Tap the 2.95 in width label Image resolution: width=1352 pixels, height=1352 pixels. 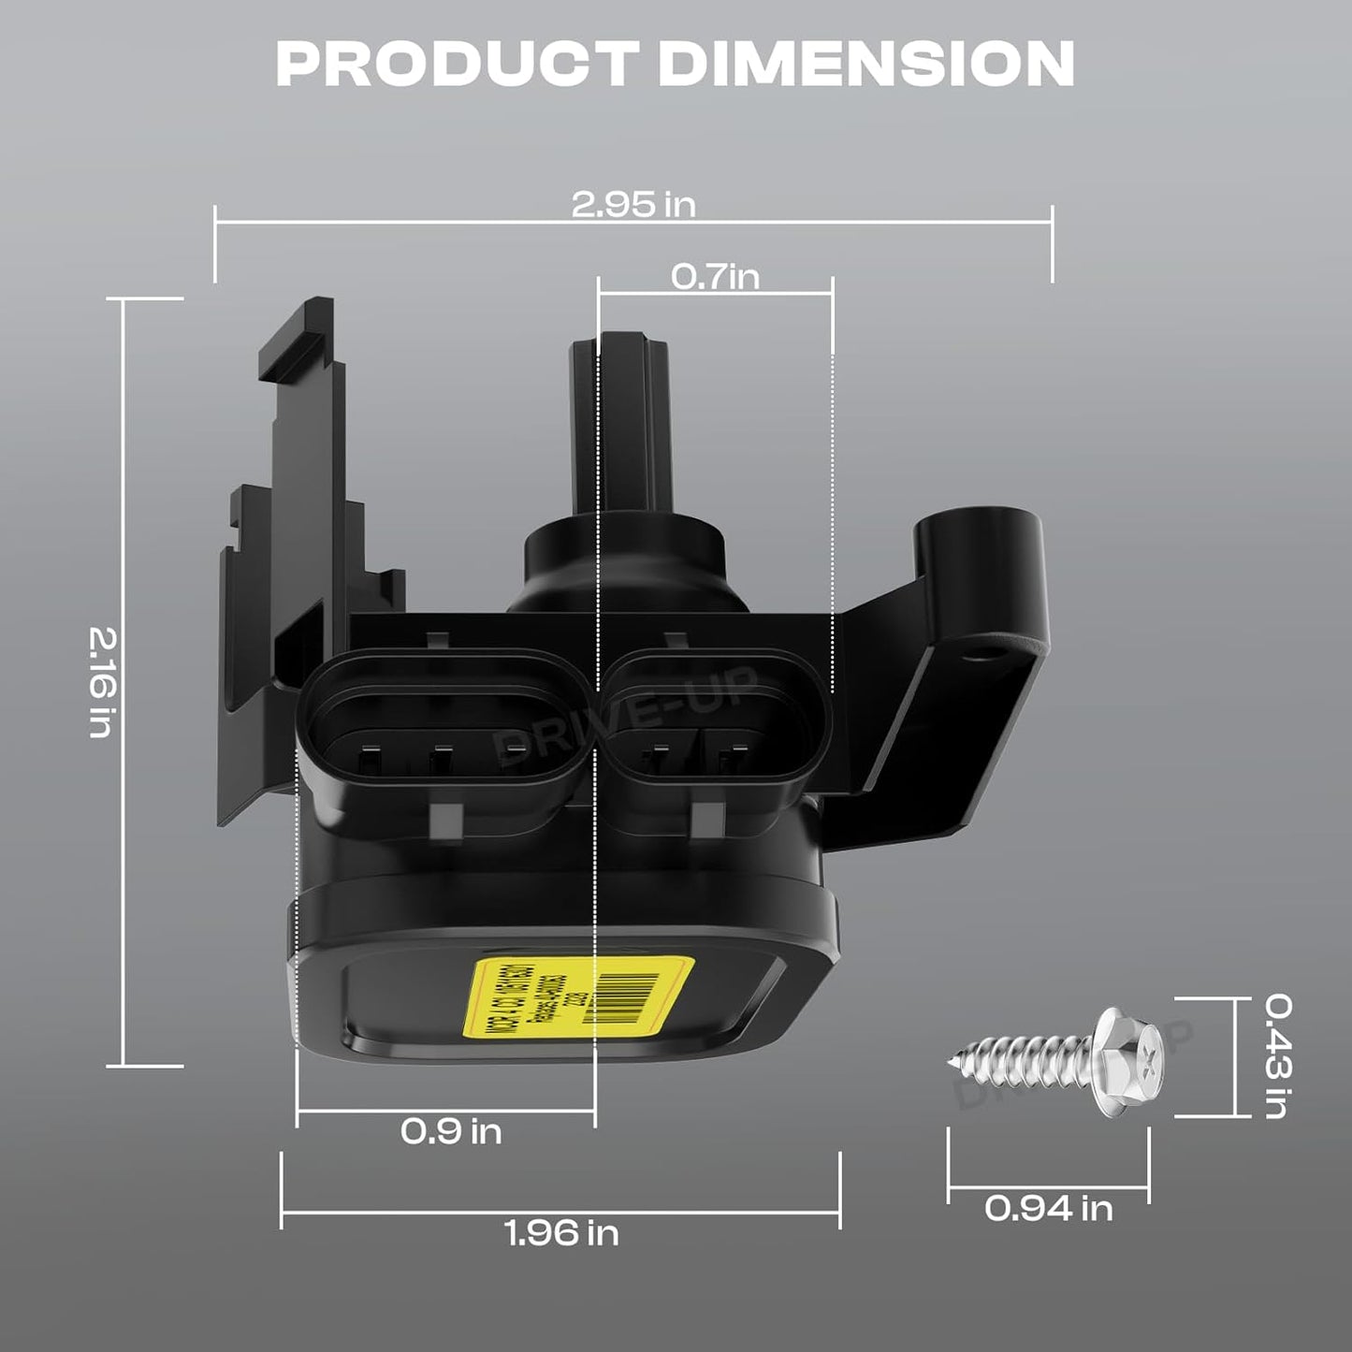point(633,205)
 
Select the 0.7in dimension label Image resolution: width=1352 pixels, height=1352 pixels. point(715,276)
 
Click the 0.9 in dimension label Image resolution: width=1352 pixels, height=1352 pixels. point(451,1131)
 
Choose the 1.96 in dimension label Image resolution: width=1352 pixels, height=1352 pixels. point(561,1232)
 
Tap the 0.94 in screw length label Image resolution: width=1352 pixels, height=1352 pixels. point(1048,1208)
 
